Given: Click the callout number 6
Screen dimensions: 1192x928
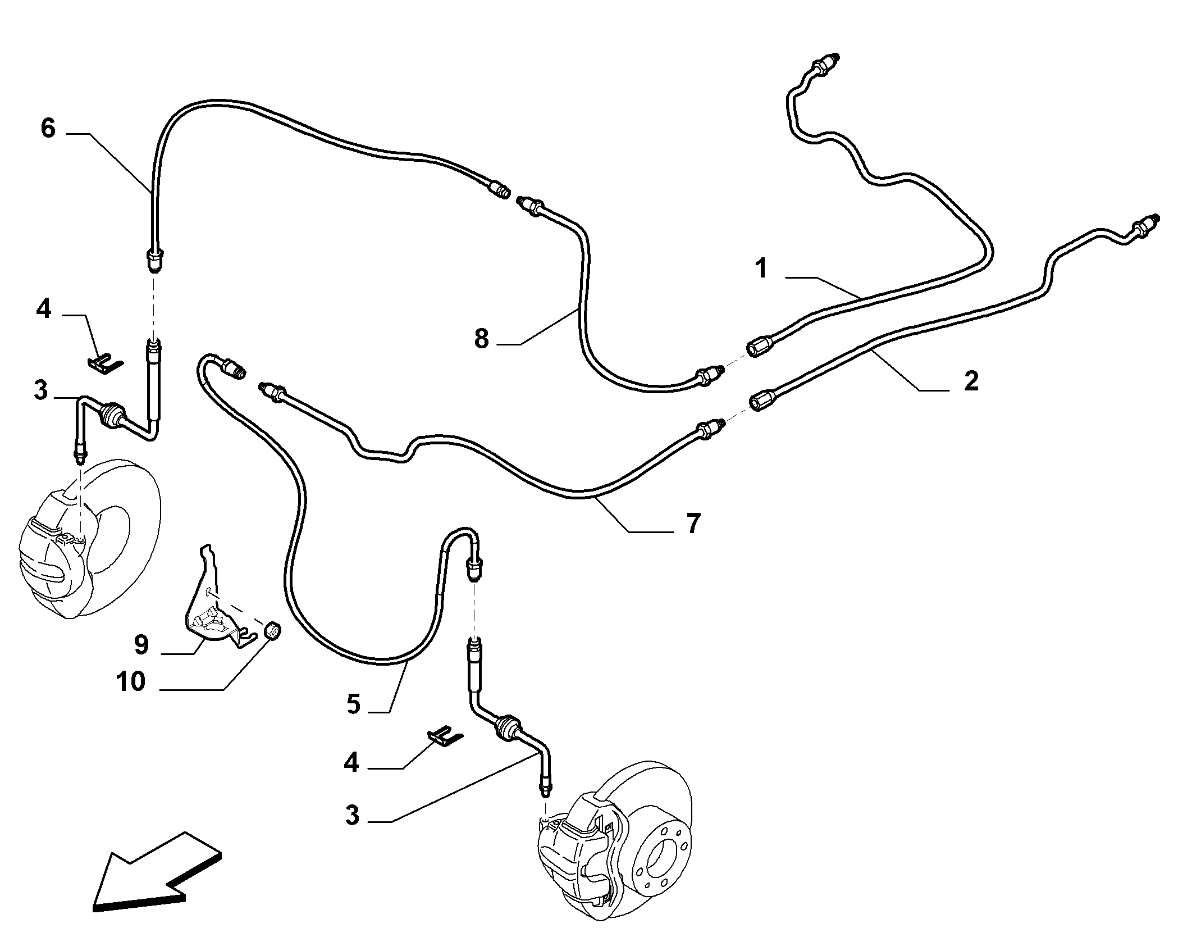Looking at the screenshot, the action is pos(48,128).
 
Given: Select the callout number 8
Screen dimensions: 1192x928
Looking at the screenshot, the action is pos(481,339).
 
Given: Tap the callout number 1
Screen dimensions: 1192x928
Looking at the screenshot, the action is pos(761,269).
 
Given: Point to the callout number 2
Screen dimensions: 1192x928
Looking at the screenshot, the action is pos(971,381).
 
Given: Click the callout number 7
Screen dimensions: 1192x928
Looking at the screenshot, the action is pos(694,524).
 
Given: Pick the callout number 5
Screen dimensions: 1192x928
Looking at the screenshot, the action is pos(353,704).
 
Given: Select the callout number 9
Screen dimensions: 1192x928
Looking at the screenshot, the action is pos(141,645).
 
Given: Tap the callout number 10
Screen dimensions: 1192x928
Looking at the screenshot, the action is pos(130,682).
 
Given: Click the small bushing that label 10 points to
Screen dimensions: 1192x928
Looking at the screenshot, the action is pos(273,631).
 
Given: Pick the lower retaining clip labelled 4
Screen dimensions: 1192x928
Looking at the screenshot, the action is pos(446,737).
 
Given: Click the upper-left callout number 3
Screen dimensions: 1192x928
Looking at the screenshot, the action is pos(40,390).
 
